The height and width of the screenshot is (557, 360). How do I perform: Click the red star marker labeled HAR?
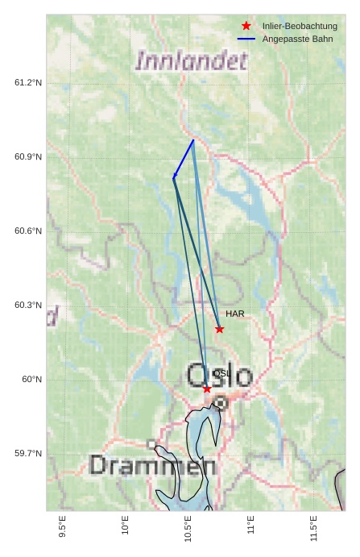point(219,329)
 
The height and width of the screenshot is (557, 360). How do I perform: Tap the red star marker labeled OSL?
point(207,389)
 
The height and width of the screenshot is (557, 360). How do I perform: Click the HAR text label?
point(235,314)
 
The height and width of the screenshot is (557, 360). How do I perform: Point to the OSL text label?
point(221,373)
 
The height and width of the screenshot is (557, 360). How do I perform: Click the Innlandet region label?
point(191,60)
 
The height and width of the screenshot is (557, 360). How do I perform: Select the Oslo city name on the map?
point(220,375)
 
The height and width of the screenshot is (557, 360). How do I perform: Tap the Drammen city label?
point(152,465)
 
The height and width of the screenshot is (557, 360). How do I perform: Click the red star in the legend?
point(246,26)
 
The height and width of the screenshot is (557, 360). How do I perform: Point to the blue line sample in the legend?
point(246,39)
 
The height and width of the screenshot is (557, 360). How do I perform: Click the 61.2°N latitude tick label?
point(28,83)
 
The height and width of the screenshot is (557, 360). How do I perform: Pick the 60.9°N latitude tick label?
point(28,157)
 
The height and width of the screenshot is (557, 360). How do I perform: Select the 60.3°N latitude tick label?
point(28,306)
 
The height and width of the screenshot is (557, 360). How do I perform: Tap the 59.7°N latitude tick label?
point(28,454)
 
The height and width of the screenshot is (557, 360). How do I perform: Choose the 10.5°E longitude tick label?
point(188,529)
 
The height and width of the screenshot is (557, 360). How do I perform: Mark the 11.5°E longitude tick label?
point(313,529)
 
